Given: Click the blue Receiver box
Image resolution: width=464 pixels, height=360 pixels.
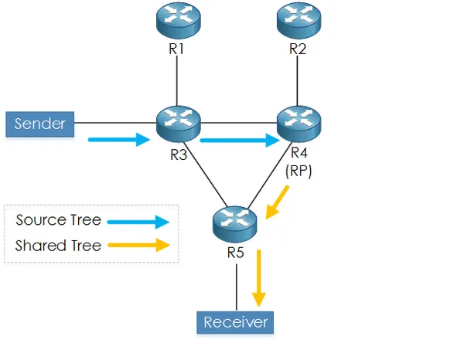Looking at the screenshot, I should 234,321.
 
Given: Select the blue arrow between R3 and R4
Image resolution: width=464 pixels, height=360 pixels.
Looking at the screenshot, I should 239,140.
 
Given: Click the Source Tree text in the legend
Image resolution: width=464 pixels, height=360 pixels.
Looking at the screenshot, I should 58,220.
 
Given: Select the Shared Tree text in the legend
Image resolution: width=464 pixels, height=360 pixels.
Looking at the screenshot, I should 58,246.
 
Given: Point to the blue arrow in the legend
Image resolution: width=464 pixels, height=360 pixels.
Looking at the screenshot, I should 138,222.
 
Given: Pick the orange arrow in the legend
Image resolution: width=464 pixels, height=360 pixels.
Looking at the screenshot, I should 138,246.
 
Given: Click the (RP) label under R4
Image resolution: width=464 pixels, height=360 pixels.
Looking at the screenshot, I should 298,172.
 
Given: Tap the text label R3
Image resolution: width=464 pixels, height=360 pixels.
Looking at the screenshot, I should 179,153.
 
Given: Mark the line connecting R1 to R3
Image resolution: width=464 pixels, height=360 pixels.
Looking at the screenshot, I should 178,81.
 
